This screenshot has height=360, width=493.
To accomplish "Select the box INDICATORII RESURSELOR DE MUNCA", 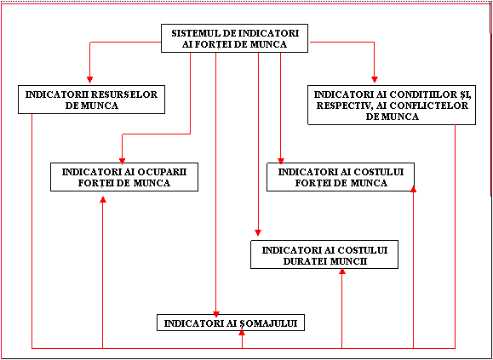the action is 91,100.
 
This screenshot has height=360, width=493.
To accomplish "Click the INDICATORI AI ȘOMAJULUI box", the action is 231,323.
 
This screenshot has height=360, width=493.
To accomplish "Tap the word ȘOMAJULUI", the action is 271,323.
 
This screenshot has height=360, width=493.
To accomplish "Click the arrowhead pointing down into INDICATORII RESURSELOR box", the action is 90,79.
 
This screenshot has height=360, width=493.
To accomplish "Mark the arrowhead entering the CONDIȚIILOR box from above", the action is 374,79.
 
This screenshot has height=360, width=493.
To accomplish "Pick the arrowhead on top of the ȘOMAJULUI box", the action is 216,314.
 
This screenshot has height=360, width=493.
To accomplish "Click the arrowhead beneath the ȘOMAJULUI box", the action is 242,334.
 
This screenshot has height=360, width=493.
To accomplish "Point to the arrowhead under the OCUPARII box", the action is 103,199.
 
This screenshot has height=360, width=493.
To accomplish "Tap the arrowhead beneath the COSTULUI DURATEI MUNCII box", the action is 342,271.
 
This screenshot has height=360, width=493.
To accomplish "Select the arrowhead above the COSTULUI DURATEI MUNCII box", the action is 258,233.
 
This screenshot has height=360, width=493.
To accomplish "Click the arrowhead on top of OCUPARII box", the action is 123,161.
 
